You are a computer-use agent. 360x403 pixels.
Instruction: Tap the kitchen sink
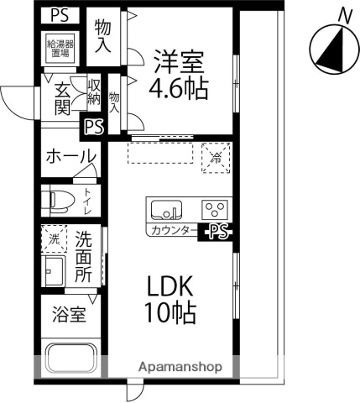pos(164,207)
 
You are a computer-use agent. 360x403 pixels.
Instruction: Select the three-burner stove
pos(215,207)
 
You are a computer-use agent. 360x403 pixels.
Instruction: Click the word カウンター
pos(174,229)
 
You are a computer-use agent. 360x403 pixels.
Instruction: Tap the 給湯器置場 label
pos(59,49)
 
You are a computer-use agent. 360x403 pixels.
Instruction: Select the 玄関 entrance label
pos(62,98)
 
